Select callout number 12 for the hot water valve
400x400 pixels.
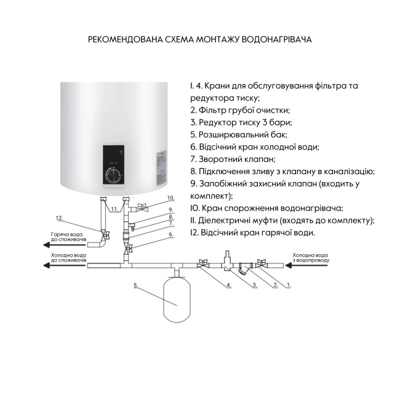pos(60,218)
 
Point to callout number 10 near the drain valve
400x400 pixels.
pos(170,198)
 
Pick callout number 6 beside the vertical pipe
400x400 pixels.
pos(171,234)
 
